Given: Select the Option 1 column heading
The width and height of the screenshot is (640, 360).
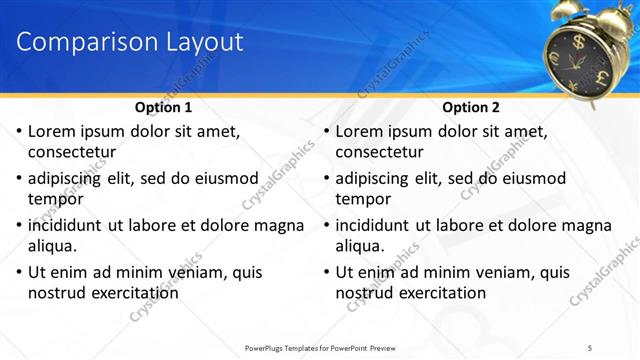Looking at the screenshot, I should click(x=163, y=107).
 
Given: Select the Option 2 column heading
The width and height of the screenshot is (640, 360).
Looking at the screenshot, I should click(x=470, y=107).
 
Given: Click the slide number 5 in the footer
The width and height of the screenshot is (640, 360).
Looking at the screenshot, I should click(x=590, y=347).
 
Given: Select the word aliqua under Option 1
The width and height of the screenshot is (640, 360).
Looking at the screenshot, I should click(x=53, y=245).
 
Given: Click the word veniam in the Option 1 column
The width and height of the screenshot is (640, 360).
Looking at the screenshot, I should click(x=183, y=272).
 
